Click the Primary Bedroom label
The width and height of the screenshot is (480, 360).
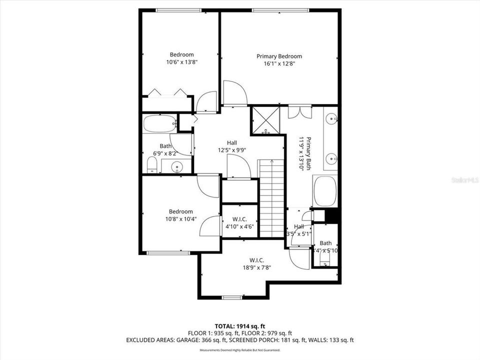pyautogui.click(x=279, y=56)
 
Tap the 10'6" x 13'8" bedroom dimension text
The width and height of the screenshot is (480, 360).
pyautogui.click(x=181, y=62)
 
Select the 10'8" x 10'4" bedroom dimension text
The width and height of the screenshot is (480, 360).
pyautogui.click(x=180, y=219)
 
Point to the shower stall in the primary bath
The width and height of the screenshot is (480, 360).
pyautogui.click(x=265, y=120)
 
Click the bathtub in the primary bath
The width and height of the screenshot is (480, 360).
pyautogui.click(x=325, y=191)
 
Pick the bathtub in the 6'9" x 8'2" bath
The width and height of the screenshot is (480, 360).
pyautogui.click(x=159, y=123)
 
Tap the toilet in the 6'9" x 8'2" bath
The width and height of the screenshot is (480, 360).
pyautogui.click(x=152, y=165)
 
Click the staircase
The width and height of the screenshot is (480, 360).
pyautogui.click(x=271, y=197)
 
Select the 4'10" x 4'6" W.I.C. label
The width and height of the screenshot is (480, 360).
pyautogui.click(x=239, y=222)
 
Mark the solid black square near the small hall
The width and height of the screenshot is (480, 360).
pyautogui.click(x=332, y=216)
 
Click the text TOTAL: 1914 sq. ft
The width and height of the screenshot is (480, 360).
pyautogui.click(x=239, y=326)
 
